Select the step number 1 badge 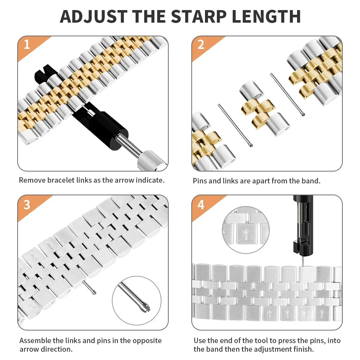tap(27, 45)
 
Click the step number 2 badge tap(201, 45)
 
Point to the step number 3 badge tap(27, 204)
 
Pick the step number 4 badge tap(201, 204)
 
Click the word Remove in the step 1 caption tap(32, 180)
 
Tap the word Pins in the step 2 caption tap(200, 181)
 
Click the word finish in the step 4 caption tap(302, 349)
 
